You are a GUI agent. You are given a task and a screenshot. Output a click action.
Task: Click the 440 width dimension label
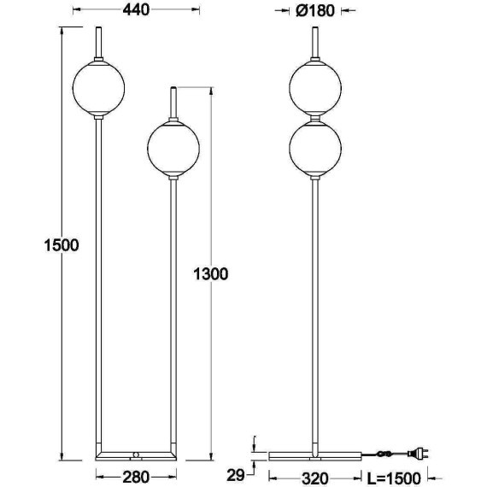click(x=136, y=10)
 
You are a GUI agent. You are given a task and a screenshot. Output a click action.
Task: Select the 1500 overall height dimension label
click(x=62, y=245)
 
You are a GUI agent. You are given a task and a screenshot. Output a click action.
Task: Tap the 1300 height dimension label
click(x=210, y=274)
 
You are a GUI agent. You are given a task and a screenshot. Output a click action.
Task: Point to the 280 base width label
click(x=136, y=477)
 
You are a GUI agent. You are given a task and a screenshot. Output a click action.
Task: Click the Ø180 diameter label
click(x=315, y=11)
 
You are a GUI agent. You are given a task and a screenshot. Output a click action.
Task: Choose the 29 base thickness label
click(x=236, y=475)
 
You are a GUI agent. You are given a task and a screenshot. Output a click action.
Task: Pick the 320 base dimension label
click(x=315, y=478)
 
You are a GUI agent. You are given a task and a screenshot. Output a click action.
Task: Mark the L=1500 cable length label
click(x=394, y=478)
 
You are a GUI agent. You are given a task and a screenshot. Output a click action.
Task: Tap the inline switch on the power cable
click(x=384, y=454)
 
